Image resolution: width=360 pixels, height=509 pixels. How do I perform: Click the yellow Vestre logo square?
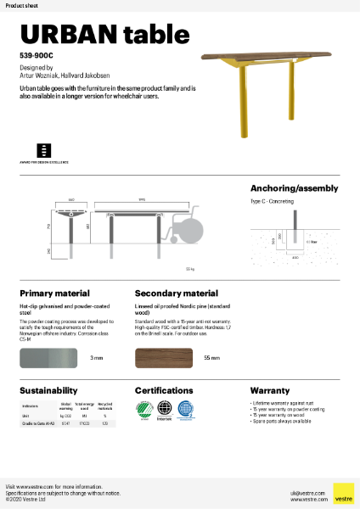(343, 494)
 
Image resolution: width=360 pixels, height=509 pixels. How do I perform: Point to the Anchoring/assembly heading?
(294, 188)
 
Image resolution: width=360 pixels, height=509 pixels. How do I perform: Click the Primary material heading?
(54, 293)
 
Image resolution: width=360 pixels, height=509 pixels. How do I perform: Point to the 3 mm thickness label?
(95, 359)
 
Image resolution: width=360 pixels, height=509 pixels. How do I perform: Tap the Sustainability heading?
(49, 391)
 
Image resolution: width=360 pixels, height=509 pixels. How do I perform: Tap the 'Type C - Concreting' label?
(273, 203)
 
